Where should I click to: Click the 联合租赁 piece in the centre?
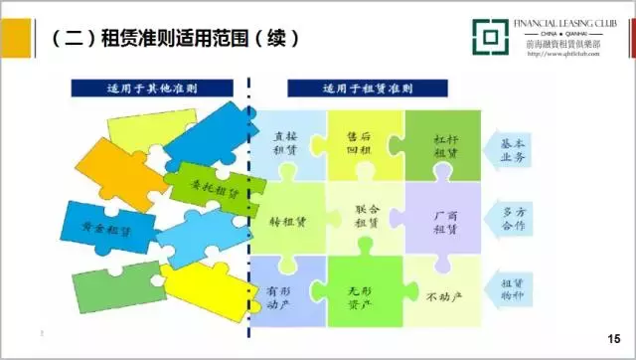point(365,216)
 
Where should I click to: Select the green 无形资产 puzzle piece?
point(364,295)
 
